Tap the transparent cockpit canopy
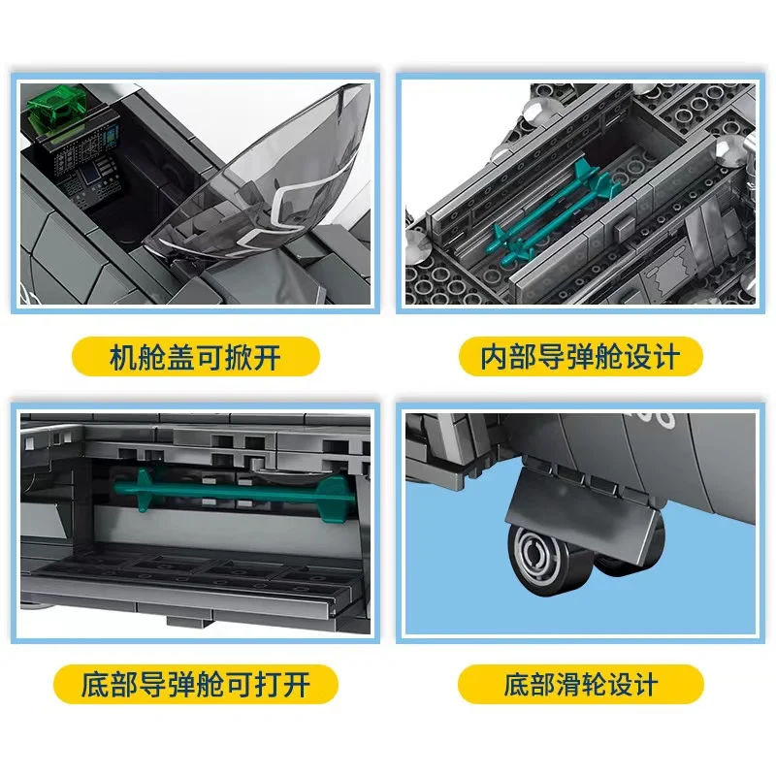click(x=262, y=183)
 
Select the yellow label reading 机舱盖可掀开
click(x=196, y=356)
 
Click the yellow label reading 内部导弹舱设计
click(x=580, y=356)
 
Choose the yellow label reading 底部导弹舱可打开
click(x=196, y=685)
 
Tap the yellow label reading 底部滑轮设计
click(x=580, y=685)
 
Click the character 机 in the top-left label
click(x=121, y=357)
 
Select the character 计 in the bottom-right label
click(x=644, y=685)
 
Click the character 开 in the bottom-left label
click(x=297, y=685)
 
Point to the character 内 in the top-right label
click(x=494, y=357)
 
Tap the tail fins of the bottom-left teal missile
click(x=336, y=499)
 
